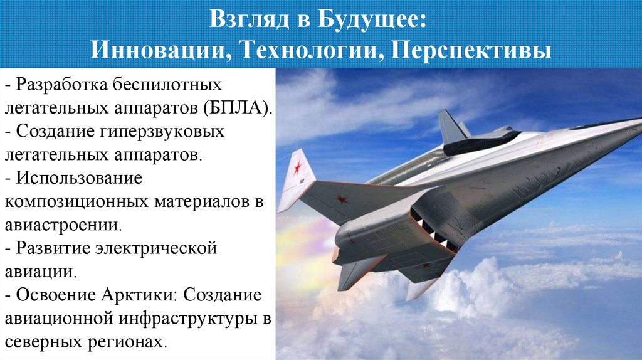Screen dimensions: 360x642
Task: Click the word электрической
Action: pos(155,248)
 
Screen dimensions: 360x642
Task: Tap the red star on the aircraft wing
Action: pos(342,200)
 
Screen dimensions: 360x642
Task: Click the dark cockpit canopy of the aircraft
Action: pos(480,144)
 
